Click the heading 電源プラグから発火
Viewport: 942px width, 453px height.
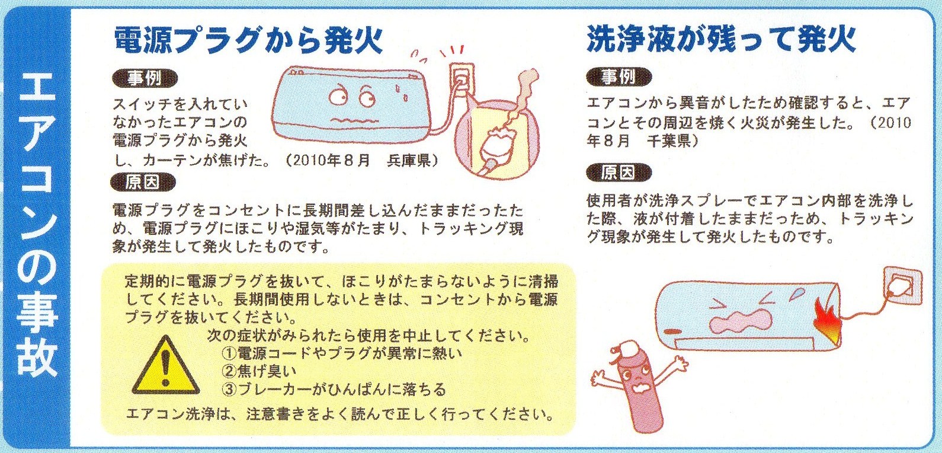pos(248,40)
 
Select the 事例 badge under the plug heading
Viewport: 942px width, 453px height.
pos(145,78)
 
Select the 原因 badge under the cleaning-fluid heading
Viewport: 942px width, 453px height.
pos(619,173)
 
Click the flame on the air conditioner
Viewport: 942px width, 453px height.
pos(827,321)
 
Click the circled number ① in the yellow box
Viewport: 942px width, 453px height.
pos(230,353)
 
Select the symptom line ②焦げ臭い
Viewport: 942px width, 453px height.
pos(259,371)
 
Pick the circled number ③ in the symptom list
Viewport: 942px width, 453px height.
pos(230,390)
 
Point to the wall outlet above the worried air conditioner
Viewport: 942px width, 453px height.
pos(462,79)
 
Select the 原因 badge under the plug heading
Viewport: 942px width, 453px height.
pos(143,182)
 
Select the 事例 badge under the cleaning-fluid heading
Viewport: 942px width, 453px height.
pos(619,78)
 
